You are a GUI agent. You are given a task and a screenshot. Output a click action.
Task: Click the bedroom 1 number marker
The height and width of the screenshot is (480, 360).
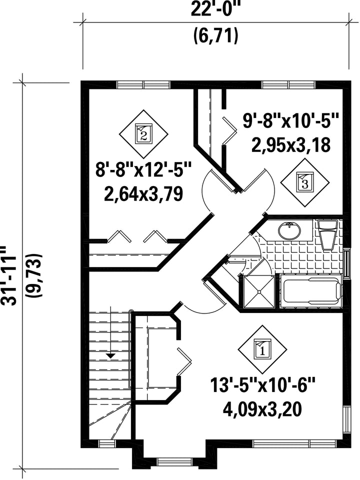tap(262, 349)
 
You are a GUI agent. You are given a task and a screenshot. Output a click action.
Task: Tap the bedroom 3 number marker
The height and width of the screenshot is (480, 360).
tap(305, 183)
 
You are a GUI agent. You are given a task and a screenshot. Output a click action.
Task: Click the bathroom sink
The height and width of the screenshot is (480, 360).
tap(289, 230)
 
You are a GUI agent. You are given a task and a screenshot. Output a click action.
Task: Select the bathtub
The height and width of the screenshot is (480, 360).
tap(311, 291)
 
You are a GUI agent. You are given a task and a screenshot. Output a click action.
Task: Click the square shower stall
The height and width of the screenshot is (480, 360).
tap(259, 291)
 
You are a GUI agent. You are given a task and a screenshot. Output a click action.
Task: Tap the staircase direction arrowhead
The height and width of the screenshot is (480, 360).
tap(110, 355)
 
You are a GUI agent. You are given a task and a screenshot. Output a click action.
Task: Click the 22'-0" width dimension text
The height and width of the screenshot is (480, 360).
tap(216, 10)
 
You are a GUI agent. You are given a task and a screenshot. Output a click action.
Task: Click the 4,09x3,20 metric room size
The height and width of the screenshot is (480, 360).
tap(262, 409)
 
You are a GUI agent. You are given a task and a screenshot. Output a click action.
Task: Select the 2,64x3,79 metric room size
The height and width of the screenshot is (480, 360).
tap(143, 193)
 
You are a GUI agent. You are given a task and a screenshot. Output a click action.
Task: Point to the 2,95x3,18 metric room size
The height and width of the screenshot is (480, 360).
tap(291, 144)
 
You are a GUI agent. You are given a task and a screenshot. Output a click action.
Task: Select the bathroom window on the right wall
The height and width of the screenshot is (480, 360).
tap(347, 263)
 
